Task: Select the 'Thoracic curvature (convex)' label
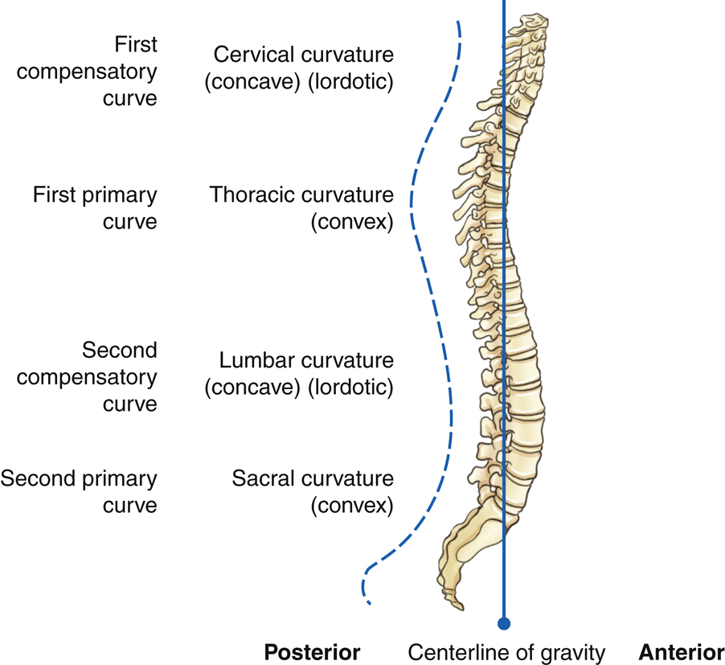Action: point(302,207)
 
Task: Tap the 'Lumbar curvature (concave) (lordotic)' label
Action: point(299,374)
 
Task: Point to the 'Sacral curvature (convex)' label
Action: point(313,492)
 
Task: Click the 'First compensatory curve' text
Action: point(87,71)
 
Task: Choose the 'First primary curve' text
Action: point(95,207)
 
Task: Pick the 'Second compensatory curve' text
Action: point(87,376)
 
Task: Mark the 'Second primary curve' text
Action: point(79,492)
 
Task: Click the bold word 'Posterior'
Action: point(312,651)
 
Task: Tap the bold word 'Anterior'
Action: point(681,651)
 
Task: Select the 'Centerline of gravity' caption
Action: point(506,651)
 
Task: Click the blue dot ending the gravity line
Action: point(504,622)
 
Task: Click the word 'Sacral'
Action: point(261,479)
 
